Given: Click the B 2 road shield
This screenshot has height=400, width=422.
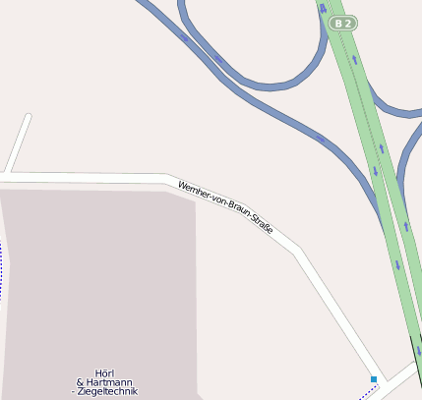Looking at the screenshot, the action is (343, 23).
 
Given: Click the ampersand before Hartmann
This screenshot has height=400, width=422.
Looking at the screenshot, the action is (80, 381).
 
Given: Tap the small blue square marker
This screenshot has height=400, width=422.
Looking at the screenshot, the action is (374, 378).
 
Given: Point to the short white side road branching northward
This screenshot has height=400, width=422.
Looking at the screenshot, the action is (19, 143).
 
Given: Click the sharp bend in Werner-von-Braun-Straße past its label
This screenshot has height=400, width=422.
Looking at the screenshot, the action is (294, 252).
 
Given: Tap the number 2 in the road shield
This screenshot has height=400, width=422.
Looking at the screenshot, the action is (348, 23).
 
